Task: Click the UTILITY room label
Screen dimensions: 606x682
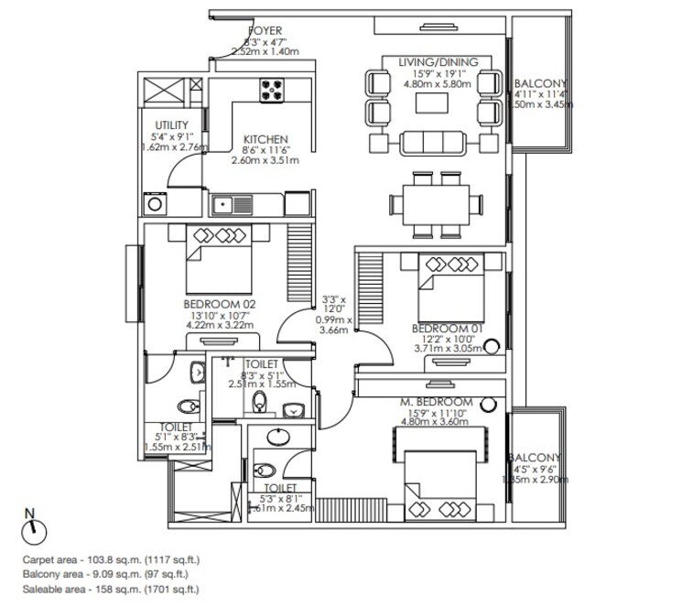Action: click(171, 125)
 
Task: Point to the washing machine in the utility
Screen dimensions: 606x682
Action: click(151, 203)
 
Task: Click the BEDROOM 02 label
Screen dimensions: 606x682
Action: click(219, 303)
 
